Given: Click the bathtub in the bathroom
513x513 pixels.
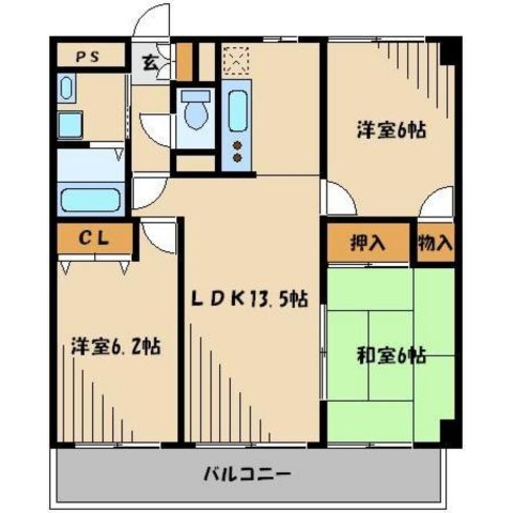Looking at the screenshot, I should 91,200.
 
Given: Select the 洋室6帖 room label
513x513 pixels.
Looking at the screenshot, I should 392,131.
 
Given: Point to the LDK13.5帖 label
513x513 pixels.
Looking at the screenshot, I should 250,299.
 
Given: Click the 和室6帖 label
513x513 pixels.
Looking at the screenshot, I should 391,355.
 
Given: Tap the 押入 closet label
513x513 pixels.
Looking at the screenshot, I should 367,243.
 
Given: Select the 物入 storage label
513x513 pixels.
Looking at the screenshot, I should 435,243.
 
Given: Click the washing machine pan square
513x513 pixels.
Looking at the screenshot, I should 70,125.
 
